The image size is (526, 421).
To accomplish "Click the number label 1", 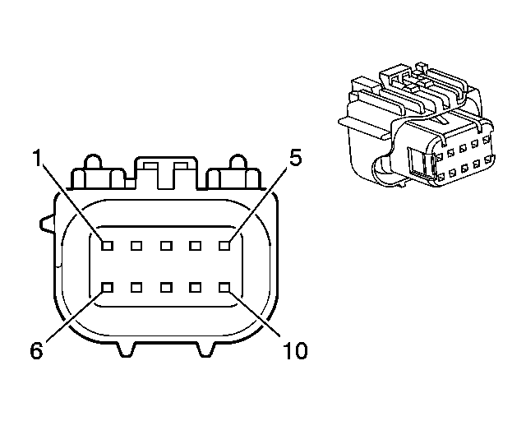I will tap(36, 158).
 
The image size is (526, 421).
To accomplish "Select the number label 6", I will tap(36, 350).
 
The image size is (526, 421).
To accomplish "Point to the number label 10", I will tap(294, 351).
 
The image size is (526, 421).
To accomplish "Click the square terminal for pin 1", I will tap(108, 244).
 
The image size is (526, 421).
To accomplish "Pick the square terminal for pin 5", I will tap(223, 244).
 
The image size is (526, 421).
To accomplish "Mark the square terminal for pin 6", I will tap(108, 287).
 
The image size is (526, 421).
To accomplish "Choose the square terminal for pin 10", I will tap(223, 287).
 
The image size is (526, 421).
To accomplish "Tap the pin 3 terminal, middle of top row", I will tap(165, 244).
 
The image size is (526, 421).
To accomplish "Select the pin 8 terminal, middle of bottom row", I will tap(165, 287).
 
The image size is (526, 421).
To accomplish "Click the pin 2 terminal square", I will tap(136, 244).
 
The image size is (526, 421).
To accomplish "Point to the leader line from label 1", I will tap(72, 202).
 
